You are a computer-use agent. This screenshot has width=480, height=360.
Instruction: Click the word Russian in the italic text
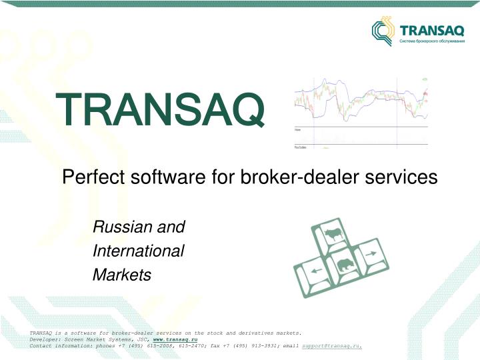(117, 227)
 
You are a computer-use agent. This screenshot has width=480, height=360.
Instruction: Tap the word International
(139, 251)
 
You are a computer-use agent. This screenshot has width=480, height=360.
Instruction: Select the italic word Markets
(122, 275)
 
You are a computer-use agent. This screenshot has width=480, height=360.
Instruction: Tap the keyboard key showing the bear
(344, 266)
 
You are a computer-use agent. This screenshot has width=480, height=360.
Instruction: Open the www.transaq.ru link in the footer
(175, 339)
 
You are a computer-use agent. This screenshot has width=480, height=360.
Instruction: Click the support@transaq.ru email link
(332, 346)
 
